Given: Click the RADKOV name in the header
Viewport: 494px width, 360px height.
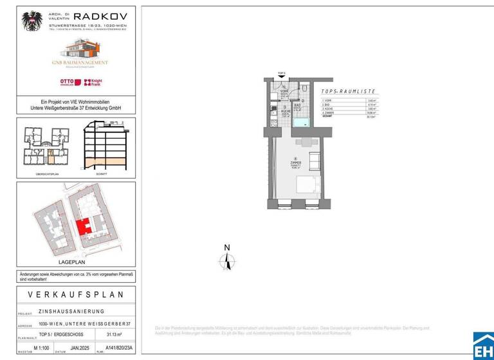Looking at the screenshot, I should click(x=100, y=16).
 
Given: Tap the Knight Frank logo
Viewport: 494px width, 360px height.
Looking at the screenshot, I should click(x=95, y=82).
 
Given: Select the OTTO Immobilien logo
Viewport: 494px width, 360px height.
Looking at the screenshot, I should click(x=66, y=82).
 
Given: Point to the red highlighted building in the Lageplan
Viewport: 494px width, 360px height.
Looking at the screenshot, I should click(x=82, y=227).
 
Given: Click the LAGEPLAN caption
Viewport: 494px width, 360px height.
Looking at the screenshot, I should click(x=76, y=262).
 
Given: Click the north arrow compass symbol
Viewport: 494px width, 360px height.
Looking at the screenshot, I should click(x=226, y=260).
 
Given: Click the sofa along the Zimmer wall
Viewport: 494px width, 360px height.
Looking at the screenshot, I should click(x=314, y=159).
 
